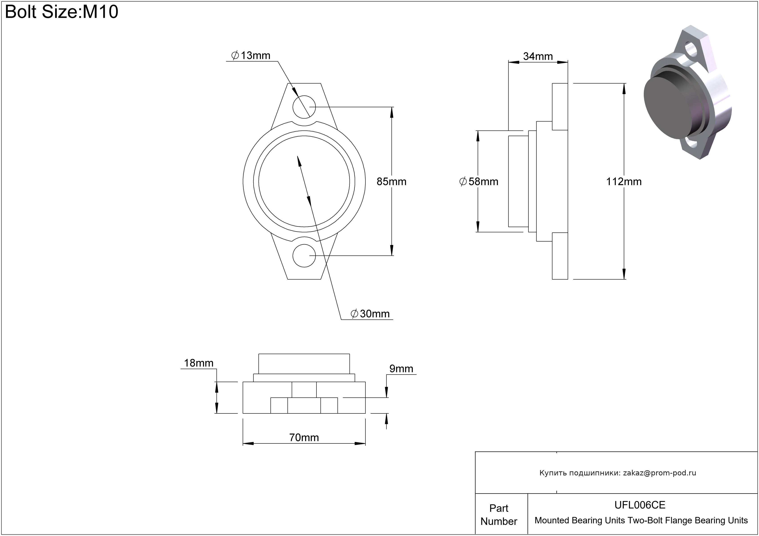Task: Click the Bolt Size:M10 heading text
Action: click(x=62, y=12)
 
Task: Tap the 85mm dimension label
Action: click(x=391, y=181)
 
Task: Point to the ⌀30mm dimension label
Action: click(x=370, y=314)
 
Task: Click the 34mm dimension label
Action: click(x=538, y=56)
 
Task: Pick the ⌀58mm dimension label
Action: click(x=479, y=181)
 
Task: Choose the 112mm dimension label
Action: click(x=624, y=181)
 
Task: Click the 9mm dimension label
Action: click(x=401, y=369)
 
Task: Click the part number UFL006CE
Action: click(x=640, y=505)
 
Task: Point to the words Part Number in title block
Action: click(x=499, y=514)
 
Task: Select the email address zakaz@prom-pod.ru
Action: click(x=660, y=473)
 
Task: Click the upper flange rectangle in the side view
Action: click(x=560, y=106)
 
